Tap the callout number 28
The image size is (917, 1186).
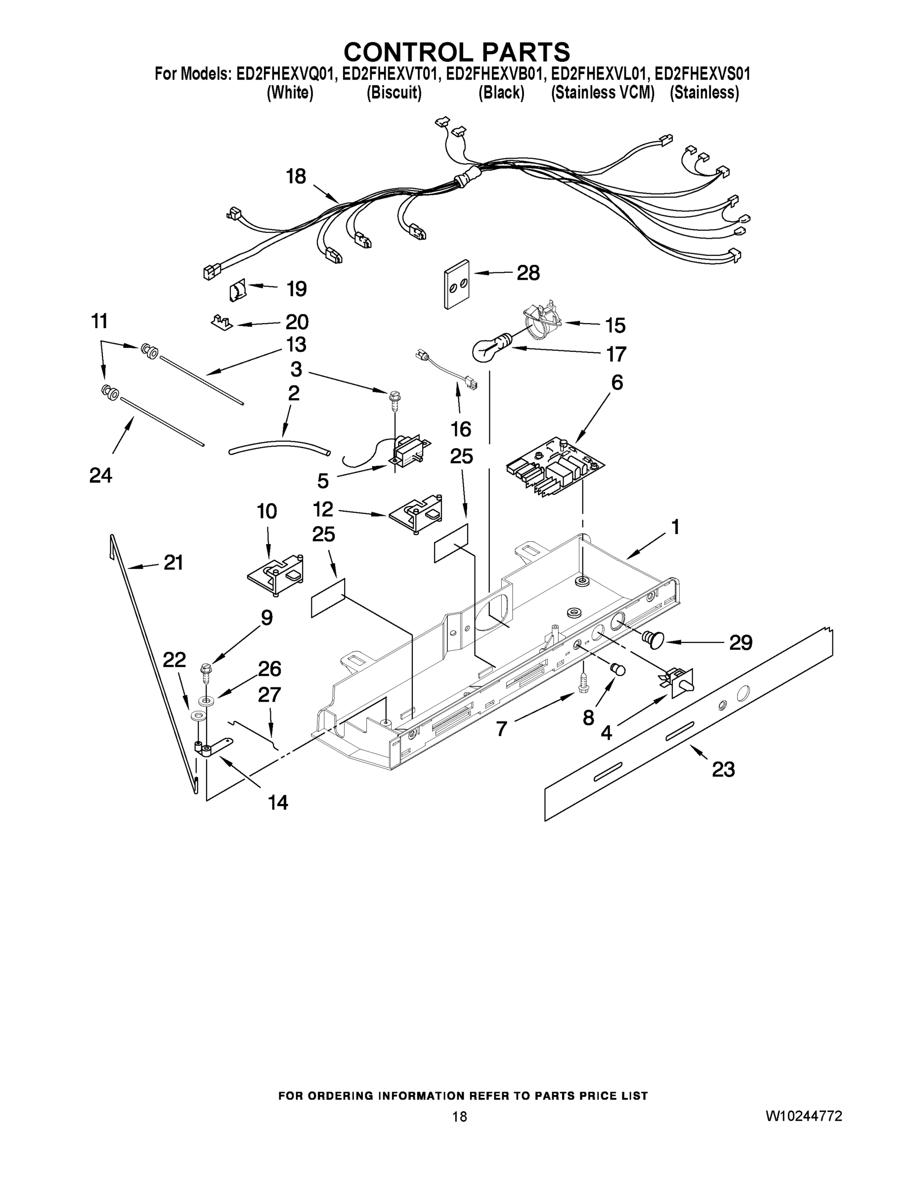(x=527, y=273)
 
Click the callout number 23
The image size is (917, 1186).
(x=723, y=769)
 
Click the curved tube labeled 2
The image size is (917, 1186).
(x=278, y=446)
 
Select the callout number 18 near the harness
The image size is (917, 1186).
(x=296, y=176)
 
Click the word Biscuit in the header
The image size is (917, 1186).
(x=394, y=93)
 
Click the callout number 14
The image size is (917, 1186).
(x=278, y=802)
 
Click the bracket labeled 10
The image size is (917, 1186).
(x=275, y=575)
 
